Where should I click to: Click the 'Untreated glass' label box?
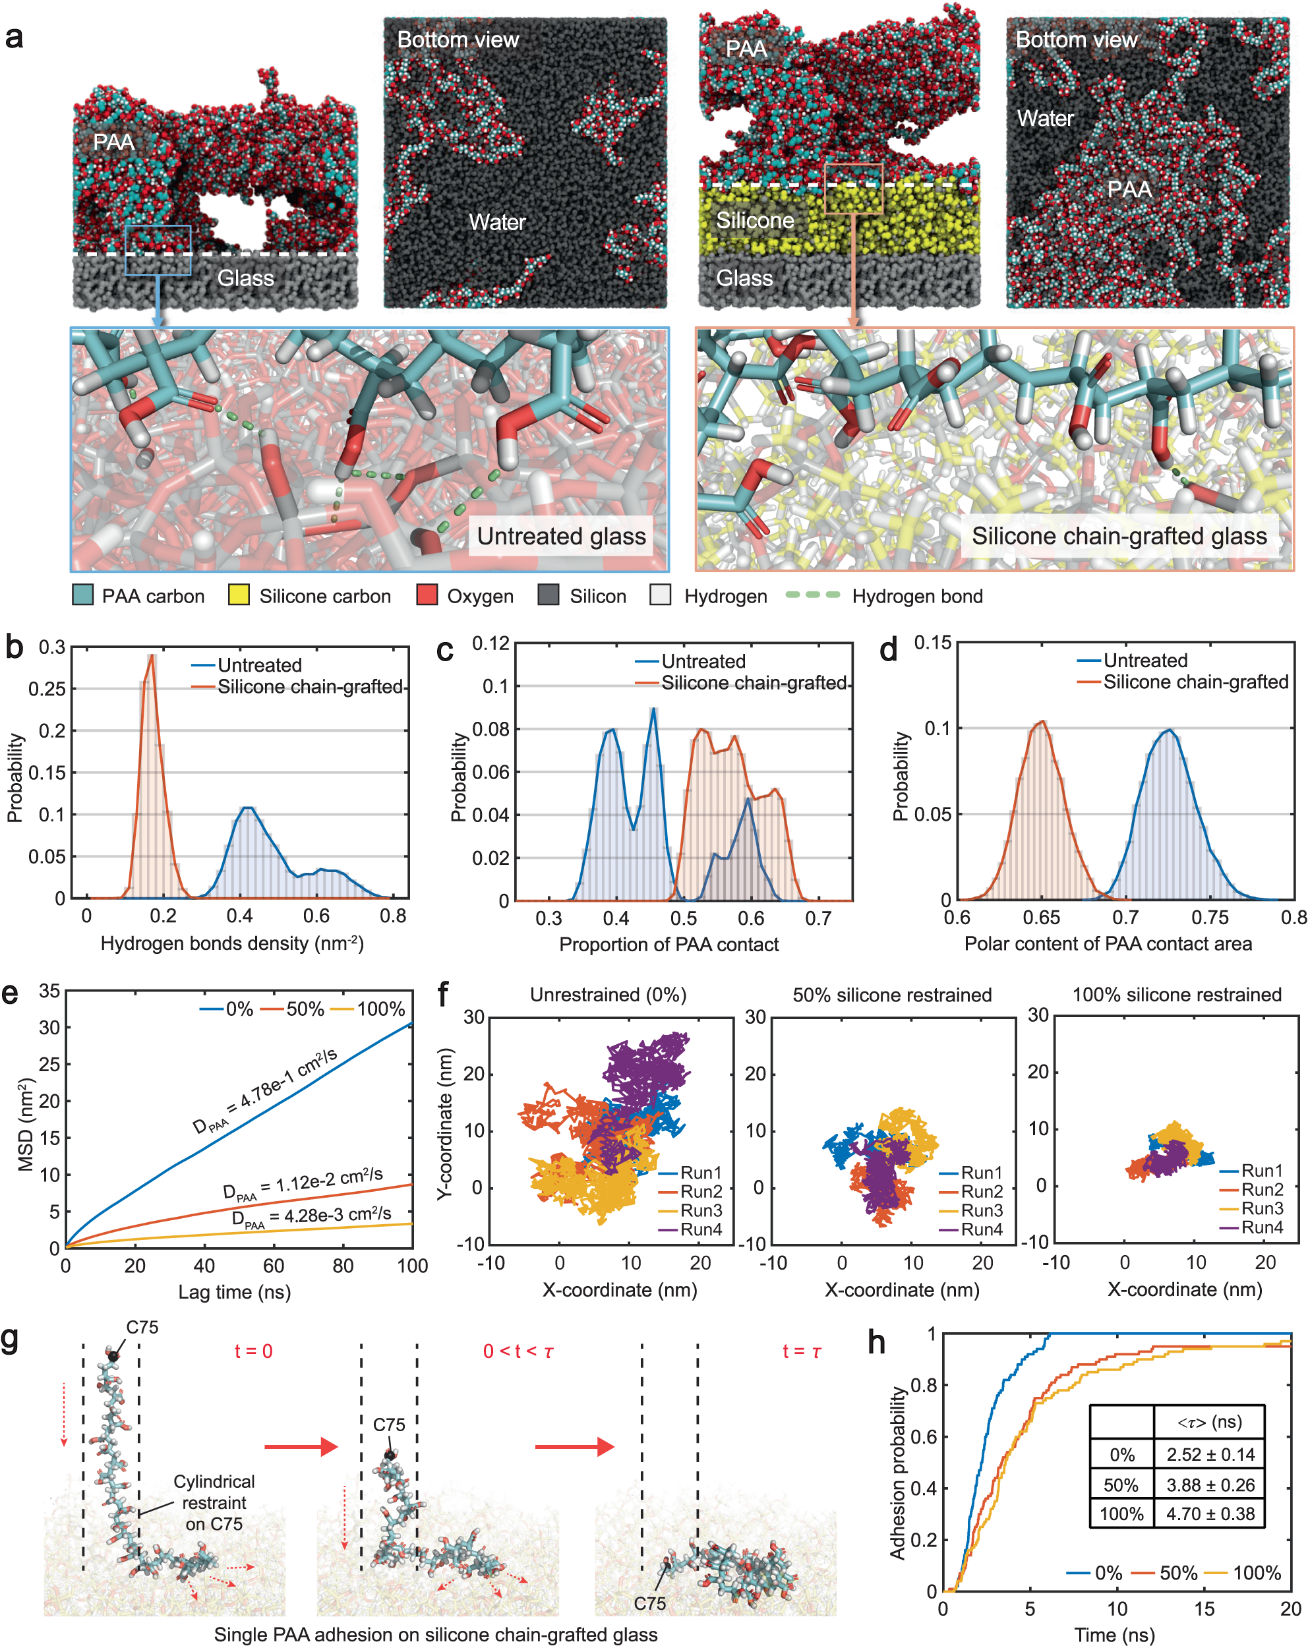(560, 536)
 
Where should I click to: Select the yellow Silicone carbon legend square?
(239, 595)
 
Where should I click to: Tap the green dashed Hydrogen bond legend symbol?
(813, 595)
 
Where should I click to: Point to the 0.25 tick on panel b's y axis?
(47, 689)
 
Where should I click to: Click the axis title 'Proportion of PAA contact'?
(669, 944)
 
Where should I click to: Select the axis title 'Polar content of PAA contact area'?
(1108, 943)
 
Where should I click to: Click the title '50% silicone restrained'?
(892, 995)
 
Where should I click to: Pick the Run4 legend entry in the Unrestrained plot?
(699, 1229)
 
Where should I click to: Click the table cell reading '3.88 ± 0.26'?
(1209, 1485)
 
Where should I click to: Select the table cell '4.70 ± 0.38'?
(1209, 1514)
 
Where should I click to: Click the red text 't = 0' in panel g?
(253, 1351)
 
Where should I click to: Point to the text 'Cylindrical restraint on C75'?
(214, 1502)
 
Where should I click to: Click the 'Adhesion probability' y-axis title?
(897, 1473)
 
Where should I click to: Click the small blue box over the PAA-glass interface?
(158, 250)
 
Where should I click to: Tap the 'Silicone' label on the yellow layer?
(754, 221)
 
